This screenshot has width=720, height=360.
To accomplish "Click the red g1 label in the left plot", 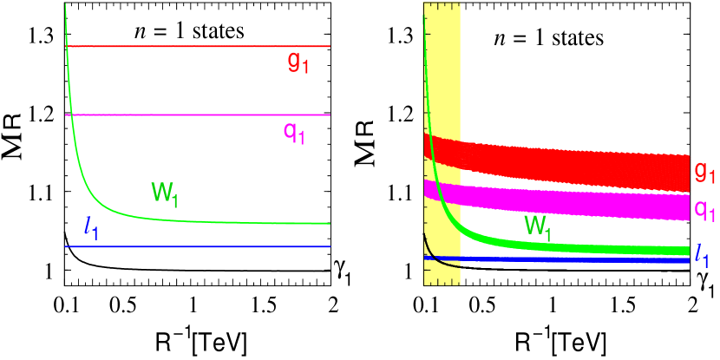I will (298, 62).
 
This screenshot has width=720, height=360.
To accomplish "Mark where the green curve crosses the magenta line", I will (73, 115).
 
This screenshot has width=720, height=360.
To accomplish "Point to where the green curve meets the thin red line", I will (67, 46).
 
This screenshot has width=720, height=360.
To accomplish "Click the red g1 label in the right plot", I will (705, 173).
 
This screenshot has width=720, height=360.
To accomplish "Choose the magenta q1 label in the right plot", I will (705, 210).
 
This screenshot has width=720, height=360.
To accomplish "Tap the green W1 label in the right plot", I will (538, 227).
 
